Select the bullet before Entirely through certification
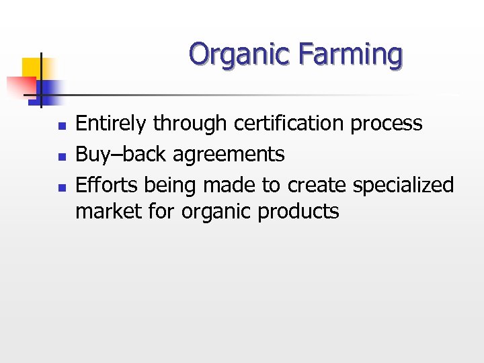60,126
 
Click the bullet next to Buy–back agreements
60,157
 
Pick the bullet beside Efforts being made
60,187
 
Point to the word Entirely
112,124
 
